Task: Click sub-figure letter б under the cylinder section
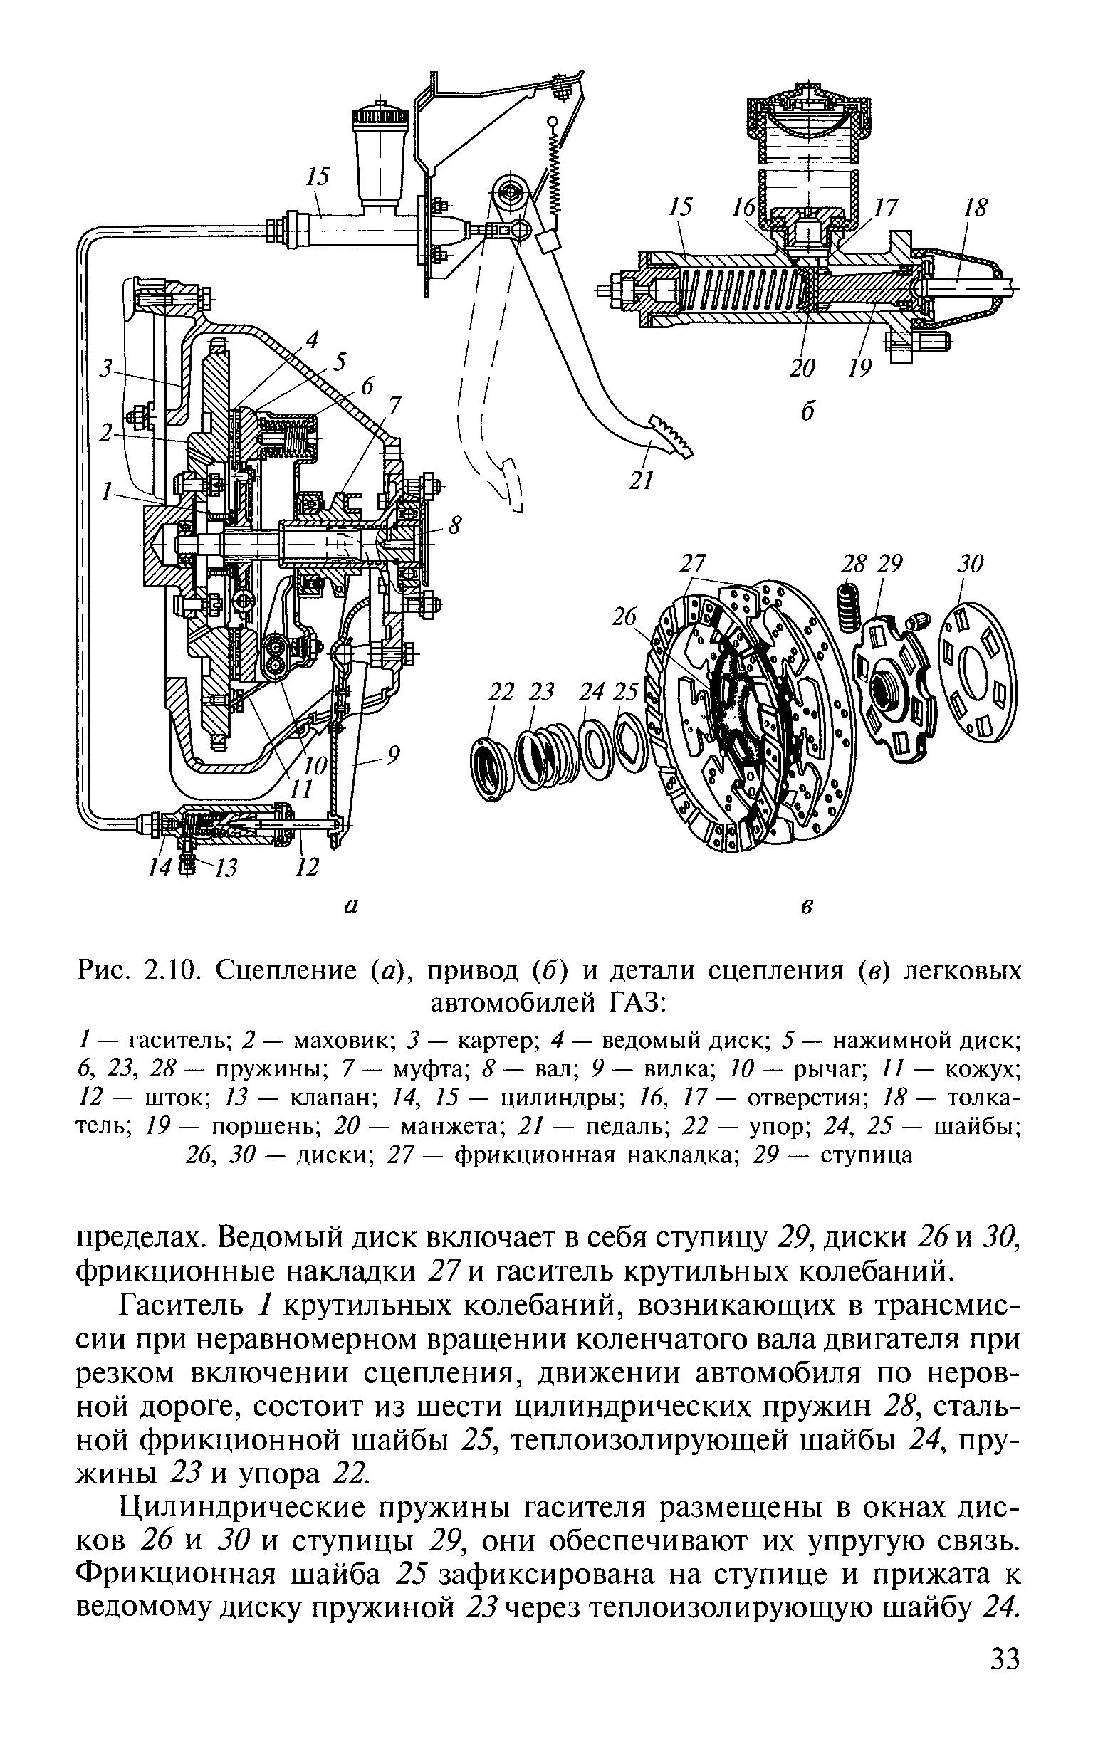(x=807, y=410)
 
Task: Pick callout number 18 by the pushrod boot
(x=976, y=208)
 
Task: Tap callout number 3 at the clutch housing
(x=107, y=369)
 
